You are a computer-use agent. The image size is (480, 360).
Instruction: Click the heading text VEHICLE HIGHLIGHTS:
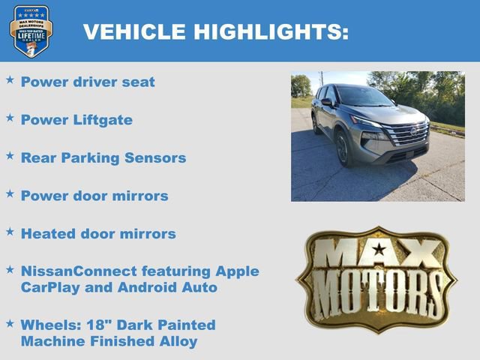click(x=215, y=31)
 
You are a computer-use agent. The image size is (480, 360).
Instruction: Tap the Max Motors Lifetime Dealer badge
click(x=31, y=31)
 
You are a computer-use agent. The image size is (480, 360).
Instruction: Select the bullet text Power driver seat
click(x=88, y=82)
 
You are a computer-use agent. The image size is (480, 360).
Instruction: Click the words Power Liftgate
click(x=76, y=120)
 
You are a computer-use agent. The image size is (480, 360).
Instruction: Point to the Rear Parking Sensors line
click(x=103, y=158)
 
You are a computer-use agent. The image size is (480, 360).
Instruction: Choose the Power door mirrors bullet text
click(x=94, y=196)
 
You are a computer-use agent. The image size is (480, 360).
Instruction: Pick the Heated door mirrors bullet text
click(x=98, y=234)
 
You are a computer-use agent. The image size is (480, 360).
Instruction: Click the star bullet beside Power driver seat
click(x=10, y=79)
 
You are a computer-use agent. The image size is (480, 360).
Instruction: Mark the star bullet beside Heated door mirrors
click(x=10, y=231)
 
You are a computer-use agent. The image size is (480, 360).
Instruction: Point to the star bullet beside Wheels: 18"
click(x=10, y=322)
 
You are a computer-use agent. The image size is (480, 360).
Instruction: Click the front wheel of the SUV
click(x=343, y=149)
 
